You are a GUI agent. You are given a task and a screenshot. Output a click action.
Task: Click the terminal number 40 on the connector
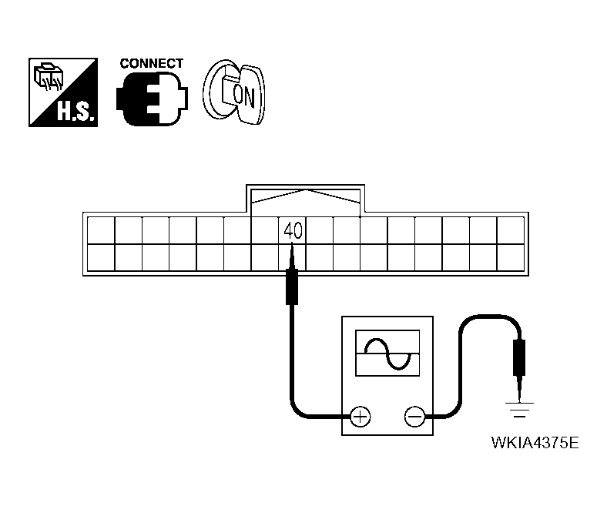click(292, 230)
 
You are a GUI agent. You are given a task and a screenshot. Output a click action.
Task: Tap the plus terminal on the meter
click(360, 417)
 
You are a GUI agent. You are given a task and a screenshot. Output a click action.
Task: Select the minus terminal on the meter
click(414, 417)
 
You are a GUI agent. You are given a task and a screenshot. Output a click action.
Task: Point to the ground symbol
click(521, 409)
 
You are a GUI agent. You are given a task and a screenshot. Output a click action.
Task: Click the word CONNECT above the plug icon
click(152, 64)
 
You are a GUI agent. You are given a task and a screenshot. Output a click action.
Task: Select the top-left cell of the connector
click(101, 230)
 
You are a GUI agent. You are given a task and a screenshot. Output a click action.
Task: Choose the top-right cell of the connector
click(511, 230)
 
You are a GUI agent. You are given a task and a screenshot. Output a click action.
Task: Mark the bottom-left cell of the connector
click(101, 256)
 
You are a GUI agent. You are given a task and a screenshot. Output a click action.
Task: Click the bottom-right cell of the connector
click(511, 256)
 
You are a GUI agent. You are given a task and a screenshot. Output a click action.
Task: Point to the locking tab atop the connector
click(306, 197)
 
